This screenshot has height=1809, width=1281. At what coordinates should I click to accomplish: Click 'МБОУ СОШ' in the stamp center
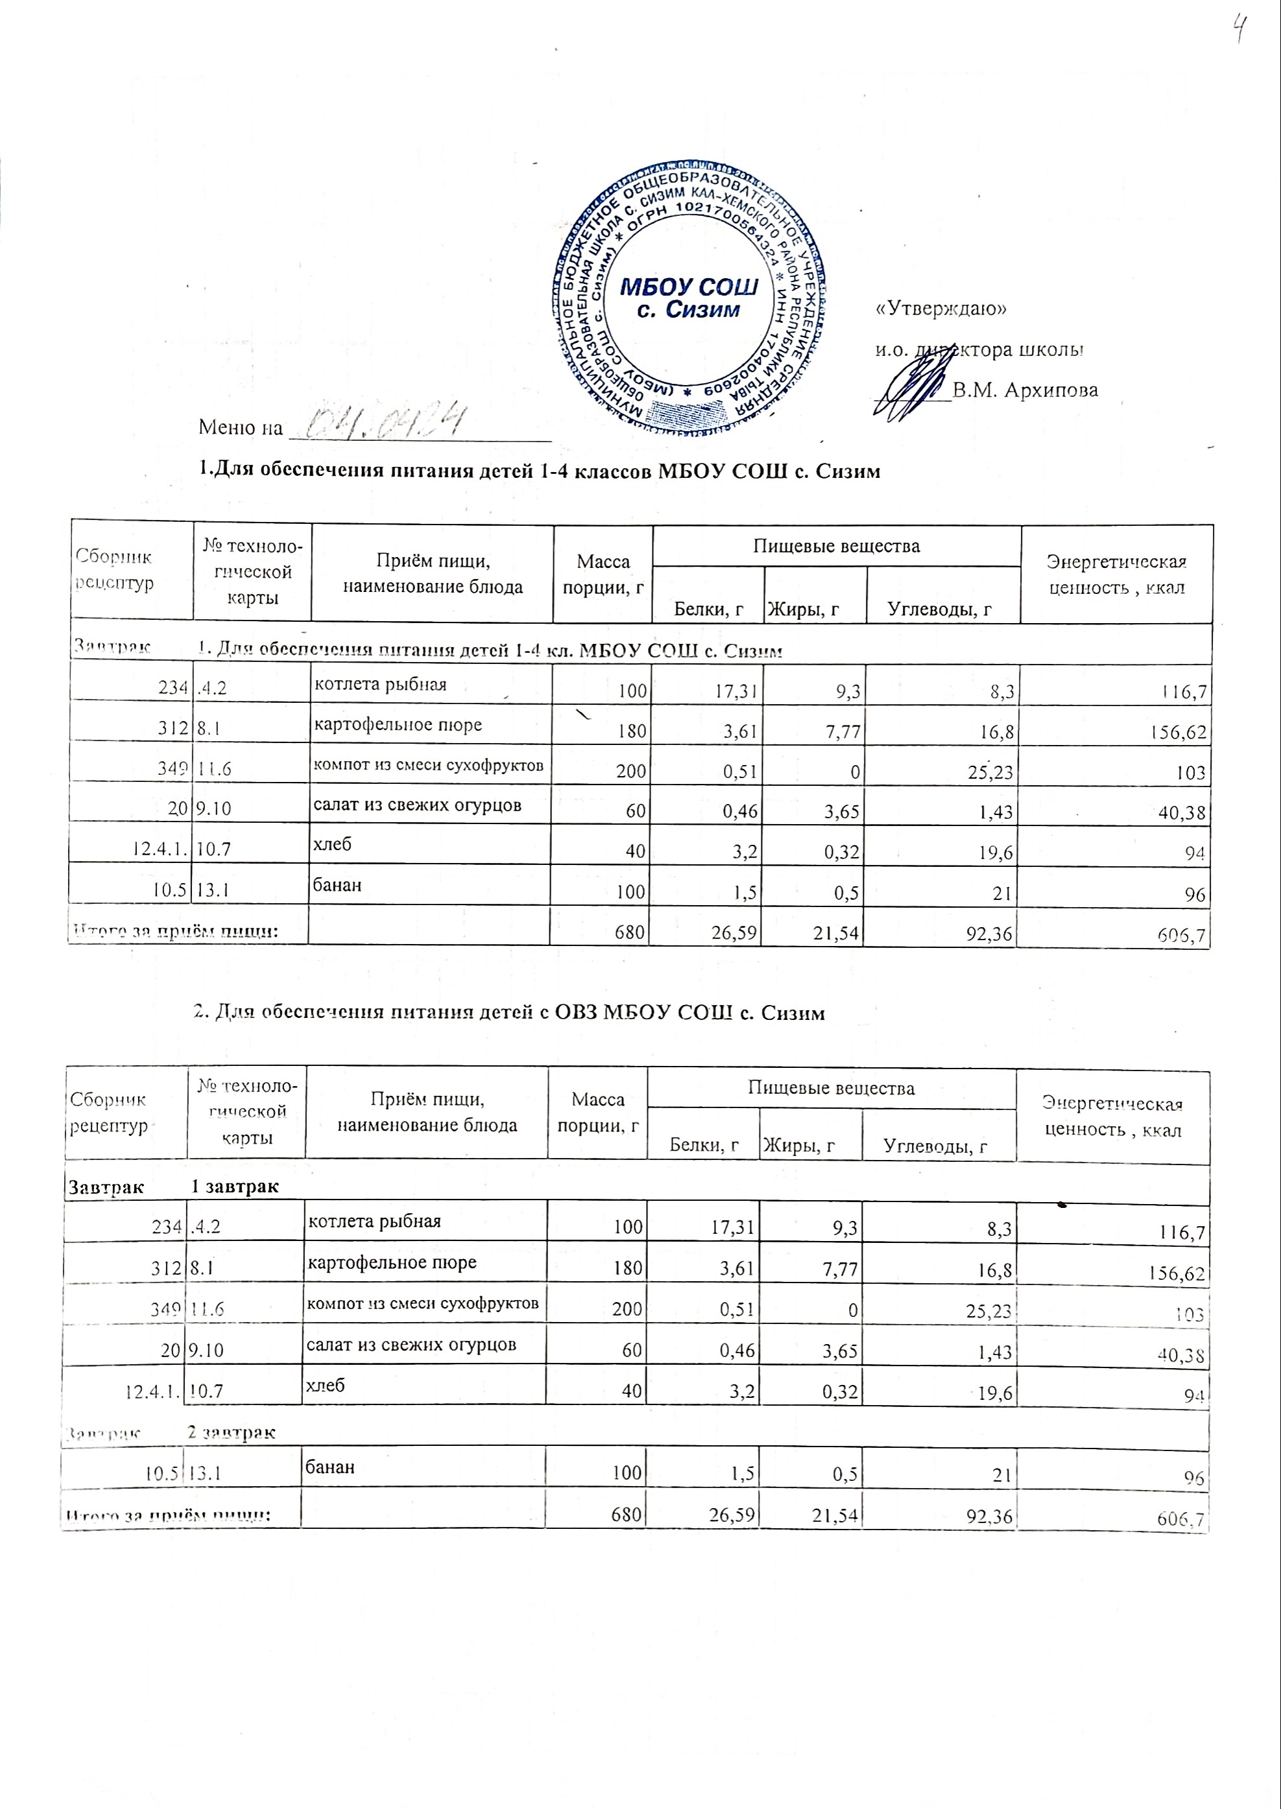689,285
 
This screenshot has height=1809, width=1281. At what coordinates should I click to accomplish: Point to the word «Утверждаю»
941,309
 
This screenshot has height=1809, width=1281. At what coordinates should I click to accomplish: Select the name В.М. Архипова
1025,390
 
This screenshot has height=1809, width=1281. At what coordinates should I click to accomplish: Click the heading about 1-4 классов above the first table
540,471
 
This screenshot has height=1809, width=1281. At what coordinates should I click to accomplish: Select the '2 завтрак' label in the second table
231,1431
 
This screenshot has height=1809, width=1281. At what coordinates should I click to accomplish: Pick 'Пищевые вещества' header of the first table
836,546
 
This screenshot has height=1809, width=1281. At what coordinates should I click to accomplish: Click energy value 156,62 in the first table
1178,732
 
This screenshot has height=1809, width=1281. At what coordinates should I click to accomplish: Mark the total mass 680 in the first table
631,934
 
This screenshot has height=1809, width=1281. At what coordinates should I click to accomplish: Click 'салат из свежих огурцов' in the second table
411,1345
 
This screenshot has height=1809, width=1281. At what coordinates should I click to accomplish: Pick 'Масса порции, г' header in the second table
597,1112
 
